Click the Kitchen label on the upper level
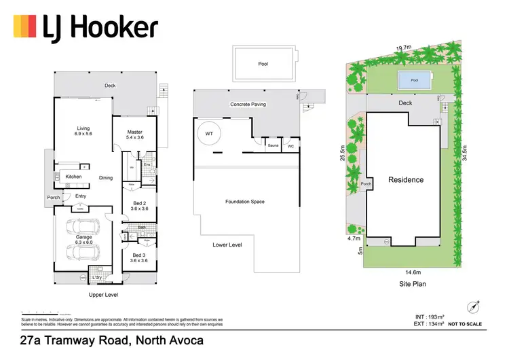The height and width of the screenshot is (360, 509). [x=73, y=177]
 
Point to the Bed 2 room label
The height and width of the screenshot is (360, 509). [x=139, y=206]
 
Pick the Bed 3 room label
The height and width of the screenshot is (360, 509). [x=139, y=257]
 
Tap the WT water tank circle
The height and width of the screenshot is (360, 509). [x=208, y=134]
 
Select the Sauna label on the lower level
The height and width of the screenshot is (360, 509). [x=274, y=145]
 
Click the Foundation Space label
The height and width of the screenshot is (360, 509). [x=244, y=202]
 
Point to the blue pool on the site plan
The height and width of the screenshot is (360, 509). [x=413, y=80]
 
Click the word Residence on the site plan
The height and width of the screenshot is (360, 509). [x=406, y=180]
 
